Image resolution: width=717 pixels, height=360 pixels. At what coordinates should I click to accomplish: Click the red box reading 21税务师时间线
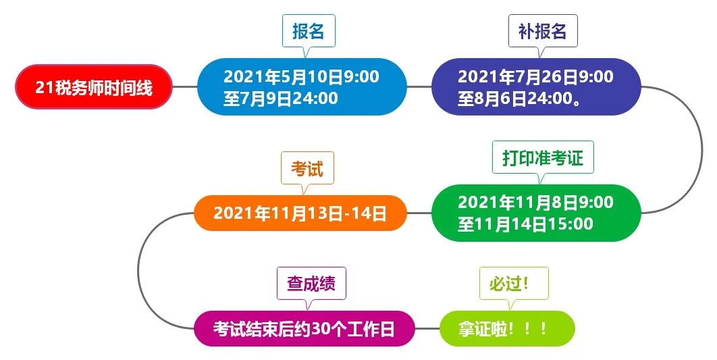click(94, 87)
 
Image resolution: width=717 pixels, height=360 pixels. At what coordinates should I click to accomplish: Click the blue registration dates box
click(302, 87)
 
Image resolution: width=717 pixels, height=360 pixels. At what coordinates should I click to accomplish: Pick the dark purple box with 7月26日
click(536, 87)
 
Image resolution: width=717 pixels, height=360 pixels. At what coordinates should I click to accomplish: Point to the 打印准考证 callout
click(543, 158)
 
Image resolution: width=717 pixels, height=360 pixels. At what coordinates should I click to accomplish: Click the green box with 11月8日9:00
click(536, 213)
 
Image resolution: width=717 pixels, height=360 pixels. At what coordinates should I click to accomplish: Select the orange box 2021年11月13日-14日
click(300, 213)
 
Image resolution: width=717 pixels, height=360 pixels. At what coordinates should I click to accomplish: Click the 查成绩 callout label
click(311, 284)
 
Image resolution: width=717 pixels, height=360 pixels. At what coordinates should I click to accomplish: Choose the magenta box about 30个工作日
click(304, 328)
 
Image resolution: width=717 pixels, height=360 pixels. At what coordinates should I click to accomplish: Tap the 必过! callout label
click(514, 284)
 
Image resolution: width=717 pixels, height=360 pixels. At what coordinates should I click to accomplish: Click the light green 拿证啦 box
click(507, 328)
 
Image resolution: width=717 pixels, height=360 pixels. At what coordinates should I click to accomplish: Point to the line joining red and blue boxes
click(185, 87)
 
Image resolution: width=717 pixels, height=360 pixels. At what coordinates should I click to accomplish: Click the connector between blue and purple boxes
click(419, 87)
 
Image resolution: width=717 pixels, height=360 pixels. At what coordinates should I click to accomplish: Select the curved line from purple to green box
click(702, 149)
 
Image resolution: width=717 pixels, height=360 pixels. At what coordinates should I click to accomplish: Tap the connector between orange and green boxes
click(419, 213)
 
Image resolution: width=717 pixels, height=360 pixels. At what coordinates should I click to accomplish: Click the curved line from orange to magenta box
click(138, 271)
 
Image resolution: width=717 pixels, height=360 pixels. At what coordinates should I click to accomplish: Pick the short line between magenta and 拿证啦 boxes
click(427, 328)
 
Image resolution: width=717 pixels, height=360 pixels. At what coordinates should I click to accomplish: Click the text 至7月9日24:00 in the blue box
click(280, 99)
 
